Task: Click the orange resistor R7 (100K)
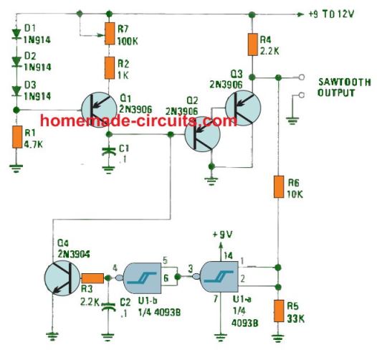click(x=110, y=34)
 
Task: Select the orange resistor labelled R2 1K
click(x=110, y=68)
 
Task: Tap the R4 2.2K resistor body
click(x=252, y=44)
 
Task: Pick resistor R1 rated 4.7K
click(x=17, y=137)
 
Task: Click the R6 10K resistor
click(x=279, y=186)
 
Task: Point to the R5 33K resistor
click(x=279, y=311)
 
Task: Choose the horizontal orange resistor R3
click(x=92, y=278)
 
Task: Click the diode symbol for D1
click(x=16, y=34)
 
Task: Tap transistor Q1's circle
click(x=99, y=110)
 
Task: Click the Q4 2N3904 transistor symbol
click(x=62, y=278)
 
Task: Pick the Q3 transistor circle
click(x=243, y=108)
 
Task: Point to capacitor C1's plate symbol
click(x=109, y=151)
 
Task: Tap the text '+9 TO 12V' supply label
click(x=331, y=14)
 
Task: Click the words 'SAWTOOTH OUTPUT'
click(x=344, y=87)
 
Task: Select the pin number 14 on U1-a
click(x=228, y=255)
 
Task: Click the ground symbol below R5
click(x=278, y=338)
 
